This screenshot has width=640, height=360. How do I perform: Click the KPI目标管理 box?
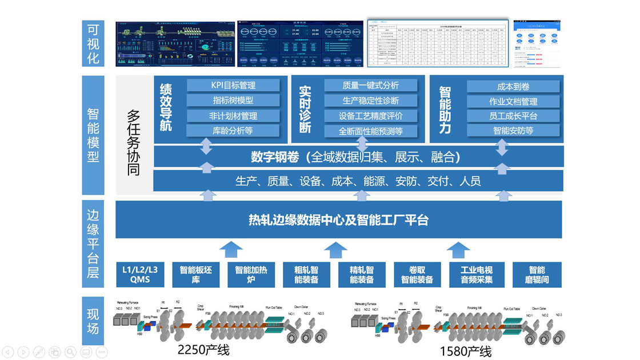pyautogui.click(x=233, y=86)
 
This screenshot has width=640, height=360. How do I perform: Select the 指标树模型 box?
pyautogui.click(x=233, y=101)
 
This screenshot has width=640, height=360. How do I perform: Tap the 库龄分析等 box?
pyautogui.click(x=233, y=130)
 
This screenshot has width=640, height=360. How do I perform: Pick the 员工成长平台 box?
pyautogui.click(x=513, y=116)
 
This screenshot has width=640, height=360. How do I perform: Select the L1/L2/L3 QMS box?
pyautogui.click(x=140, y=274)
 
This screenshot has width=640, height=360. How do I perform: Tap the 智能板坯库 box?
pyautogui.click(x=195, y=274)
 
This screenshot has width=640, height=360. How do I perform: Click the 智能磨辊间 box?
pyautogui.click(x=537, y=274)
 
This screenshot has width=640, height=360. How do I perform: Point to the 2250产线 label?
pyautogui.click(x=204, y=349)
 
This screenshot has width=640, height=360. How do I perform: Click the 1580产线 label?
pyautogui.click(x=466, y=350)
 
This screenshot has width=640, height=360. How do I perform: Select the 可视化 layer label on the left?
pyautogui.click(x=93, y=43)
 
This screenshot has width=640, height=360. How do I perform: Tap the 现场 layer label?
pyautogui.click(x=93, y=321)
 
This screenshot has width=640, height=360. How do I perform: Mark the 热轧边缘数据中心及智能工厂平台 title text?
pyautogui.click(x=338, y=219)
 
